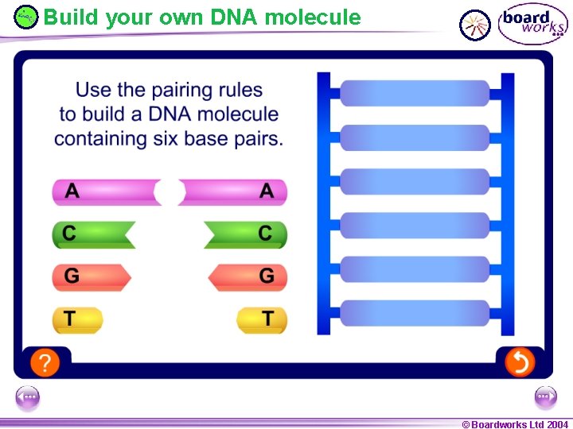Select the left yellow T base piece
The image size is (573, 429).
point(77,319)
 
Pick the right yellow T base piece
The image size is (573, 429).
point(262,319)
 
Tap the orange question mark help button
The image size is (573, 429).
point(45,363)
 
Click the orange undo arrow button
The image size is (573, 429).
point(519,363)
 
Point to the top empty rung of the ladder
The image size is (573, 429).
point(415,94)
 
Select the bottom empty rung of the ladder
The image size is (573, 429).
point(415,312)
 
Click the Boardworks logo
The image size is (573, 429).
point(532,24)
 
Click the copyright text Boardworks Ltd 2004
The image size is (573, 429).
point(515,424)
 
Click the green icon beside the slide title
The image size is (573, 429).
point(26,16)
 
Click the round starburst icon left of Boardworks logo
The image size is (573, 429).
point(476,25)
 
